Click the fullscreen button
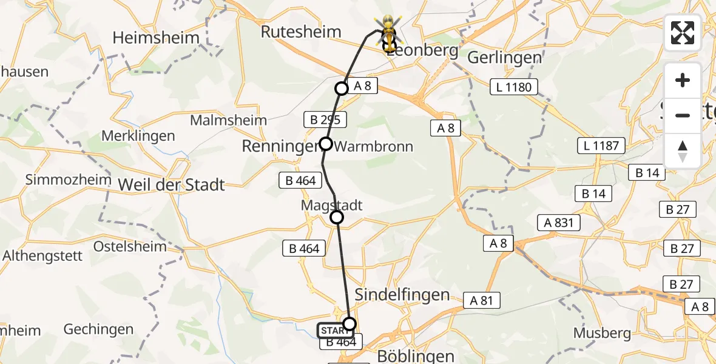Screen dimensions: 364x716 click(x=683, y=33)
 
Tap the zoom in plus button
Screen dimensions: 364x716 click(x=683, y=81)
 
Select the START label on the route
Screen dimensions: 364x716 click(x=334, y=331)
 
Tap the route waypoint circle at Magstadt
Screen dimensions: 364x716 click(x=337, y=217)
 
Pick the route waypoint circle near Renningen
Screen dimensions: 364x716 click(x=326, y=144)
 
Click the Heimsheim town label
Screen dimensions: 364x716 click(x=156, y=38)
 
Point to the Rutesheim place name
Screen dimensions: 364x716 click(x=301, y=32)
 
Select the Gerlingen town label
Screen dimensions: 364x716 click(x=505, y=58)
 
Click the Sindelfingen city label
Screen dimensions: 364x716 click(x=402, y=295)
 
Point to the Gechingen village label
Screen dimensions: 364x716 click(x=98, y=329)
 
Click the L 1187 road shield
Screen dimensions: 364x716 click(x=600, y=146)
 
